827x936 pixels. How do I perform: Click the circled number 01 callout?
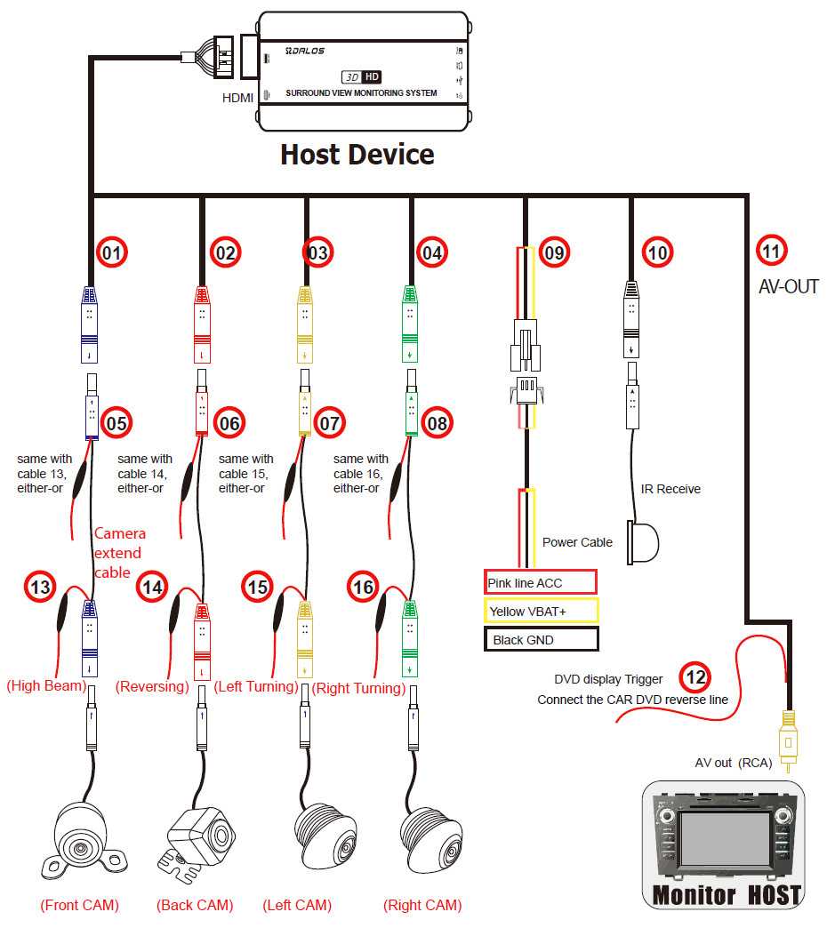point(112,253)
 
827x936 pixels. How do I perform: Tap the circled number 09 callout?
point(554,253)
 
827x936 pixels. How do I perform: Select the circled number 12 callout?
point(696,678)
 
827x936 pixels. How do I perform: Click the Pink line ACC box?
point(540,583)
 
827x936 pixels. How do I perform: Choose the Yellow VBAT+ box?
point(541,611)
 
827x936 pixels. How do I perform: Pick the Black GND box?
point(541,639)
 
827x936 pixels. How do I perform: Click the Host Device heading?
point(357,155)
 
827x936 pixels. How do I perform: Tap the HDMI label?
point(237,97)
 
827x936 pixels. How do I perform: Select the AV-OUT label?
point(788,287)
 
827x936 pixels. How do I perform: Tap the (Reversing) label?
point(152,686)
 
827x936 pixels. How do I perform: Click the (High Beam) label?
point(45,686)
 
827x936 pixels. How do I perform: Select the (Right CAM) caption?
point(422,906)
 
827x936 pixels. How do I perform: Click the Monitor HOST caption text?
point(727,895)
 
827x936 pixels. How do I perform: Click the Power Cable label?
point(577,542)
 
